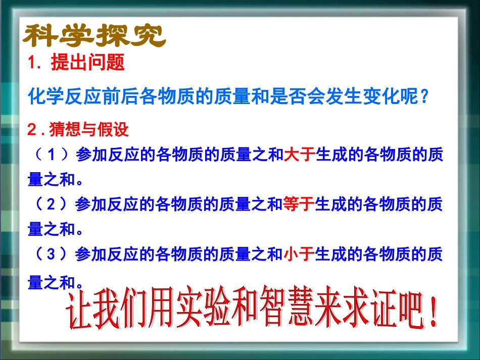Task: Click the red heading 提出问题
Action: coord(87,63)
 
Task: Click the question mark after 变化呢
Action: coord(424,95)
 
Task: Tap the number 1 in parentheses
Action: coord(51,155)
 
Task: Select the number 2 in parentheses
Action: coord(51,204)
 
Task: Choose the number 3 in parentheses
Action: coord(51,254)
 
